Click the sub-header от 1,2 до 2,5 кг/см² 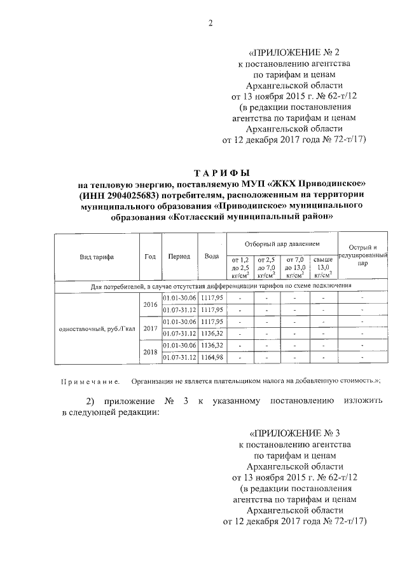point(239,267)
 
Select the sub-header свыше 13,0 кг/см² point(323,267)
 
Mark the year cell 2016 point(151,304)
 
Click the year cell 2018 point(151,351)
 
